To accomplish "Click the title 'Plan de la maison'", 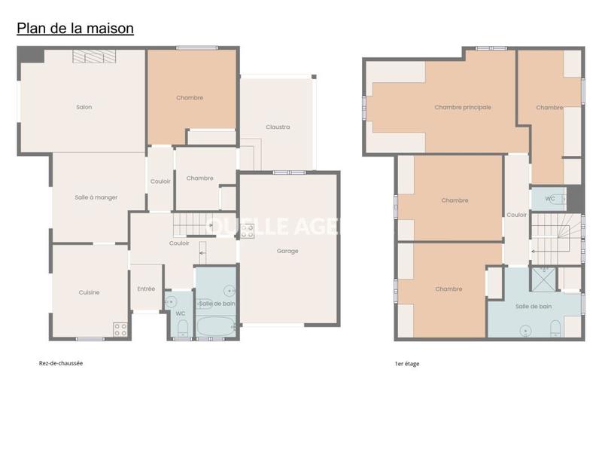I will pyautogui.click(x=75, y=29).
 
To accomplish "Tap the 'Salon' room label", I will pyautogui.click(x=84, y=107).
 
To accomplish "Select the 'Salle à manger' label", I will pyautogui.click(x=96, y=197).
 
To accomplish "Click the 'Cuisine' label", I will pyautogui.click(x=89, y=292).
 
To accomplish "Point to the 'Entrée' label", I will pyautogui.click(x=146, y=289).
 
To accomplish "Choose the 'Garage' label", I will pyautogui.click(x=287, y=251).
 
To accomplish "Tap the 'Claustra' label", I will pyautogui.click(x=278, y=127).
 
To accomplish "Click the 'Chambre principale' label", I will pyautogui.click(x=463, y=107).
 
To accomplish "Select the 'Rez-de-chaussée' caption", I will pyautogui.click(x=61, y=362).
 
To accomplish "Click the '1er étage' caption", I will pyautogui.click(x=407, y=364).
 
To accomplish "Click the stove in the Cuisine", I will pyautogui.click(x=120, y=328).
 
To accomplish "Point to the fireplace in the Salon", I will pyautogui.click(x=94, y=56).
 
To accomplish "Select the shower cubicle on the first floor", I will pyautogui.click(x=542, y=279).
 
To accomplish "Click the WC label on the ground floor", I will pyautogui.click(x=181, y=313).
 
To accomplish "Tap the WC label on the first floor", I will pyautogui.click(x=550, y=199).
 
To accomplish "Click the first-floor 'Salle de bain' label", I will pyautogui.click(x=534, y=306).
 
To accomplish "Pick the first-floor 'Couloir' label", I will pyautogui.click(x=517, y=215).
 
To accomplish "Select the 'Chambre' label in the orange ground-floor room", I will pyautogui.click(x=190, y=98).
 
